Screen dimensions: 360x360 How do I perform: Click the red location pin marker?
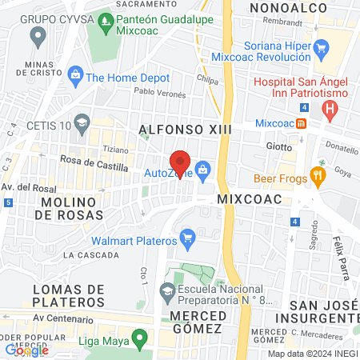180,163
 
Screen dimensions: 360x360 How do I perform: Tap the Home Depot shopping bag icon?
76,77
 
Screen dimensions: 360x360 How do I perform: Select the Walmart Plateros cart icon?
188,238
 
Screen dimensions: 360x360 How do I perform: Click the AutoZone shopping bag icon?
203,169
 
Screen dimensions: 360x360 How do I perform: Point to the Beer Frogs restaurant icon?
318,178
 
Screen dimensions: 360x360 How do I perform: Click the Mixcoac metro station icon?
302,123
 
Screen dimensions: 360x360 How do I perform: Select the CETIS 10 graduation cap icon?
82,122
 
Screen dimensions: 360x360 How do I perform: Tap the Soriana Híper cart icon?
321,46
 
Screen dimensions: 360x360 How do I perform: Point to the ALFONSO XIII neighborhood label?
174,128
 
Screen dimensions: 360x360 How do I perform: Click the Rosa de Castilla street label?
90,160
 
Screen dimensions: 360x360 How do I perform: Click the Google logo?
26,350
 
